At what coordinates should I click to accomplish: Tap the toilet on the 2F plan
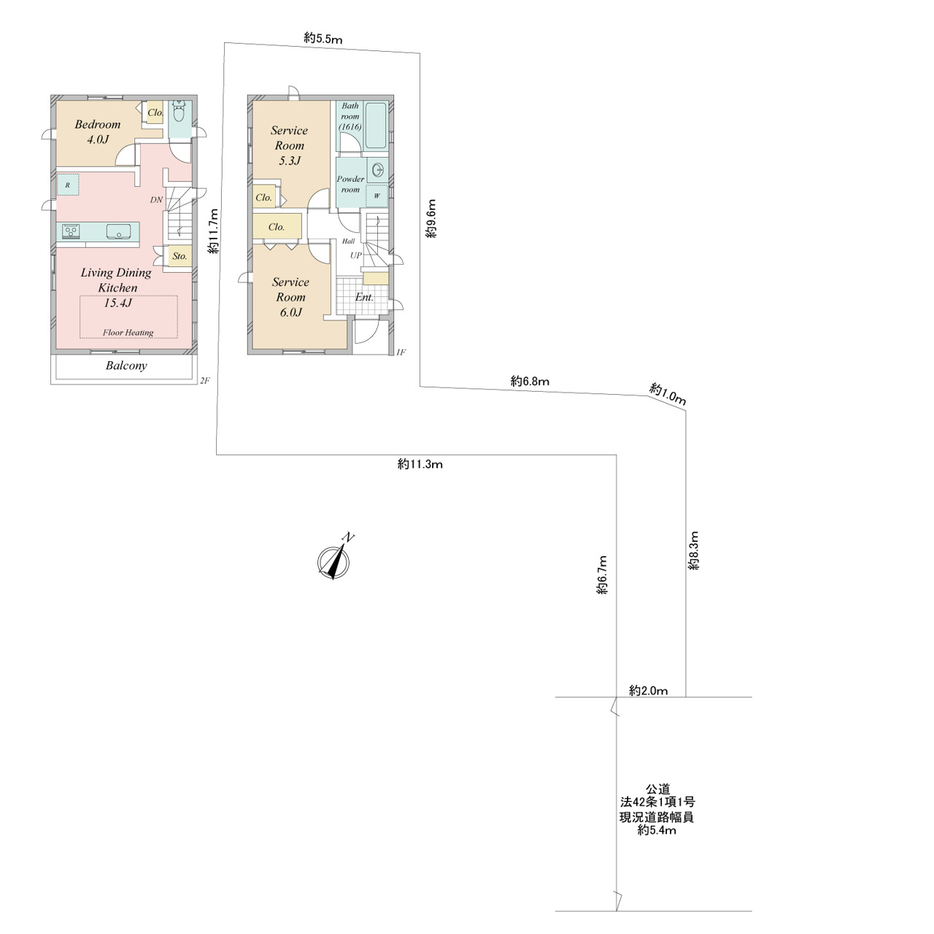[x=180, y=112]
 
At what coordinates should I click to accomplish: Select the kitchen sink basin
[x=117, y=231]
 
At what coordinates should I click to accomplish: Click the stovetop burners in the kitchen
[x=72, y=231]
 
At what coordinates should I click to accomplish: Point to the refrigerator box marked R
[x=68, y=185]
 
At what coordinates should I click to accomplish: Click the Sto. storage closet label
[x=180, y=256]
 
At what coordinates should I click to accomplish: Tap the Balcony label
[x=126, y=366]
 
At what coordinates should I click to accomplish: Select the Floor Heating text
[x=128, y=333]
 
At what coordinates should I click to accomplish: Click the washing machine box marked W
[x=377, y=196]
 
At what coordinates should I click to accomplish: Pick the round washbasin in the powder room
[x=378, y=169]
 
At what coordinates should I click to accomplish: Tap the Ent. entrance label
[x=364, y=298]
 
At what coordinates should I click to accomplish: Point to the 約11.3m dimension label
[x=420, y=464]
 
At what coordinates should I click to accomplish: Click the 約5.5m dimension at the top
[x=323, y=38]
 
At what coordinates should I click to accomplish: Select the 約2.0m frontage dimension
[x=648, y=691]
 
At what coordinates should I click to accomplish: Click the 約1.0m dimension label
[x=668, y=393]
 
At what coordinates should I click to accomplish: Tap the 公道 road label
[x=657, y=790]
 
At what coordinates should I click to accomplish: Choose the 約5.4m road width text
[x=657, y=830]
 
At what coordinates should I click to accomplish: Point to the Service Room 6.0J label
[x=290, y=297]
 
